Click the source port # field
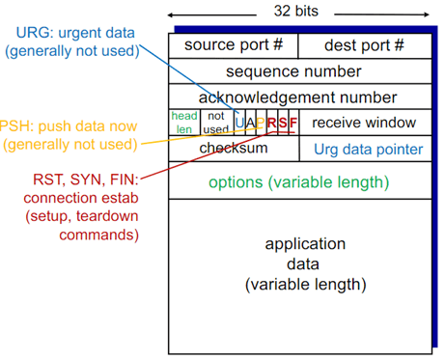(233, 45)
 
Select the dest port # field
(364, 45)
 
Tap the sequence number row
(298, 71)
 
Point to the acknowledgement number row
(298, 97)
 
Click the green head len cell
(183, 123)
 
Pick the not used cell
(216, 123)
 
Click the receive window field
(364, 123)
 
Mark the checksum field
(233, 149)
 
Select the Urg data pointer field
(368, 150)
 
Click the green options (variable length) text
(298, 181)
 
